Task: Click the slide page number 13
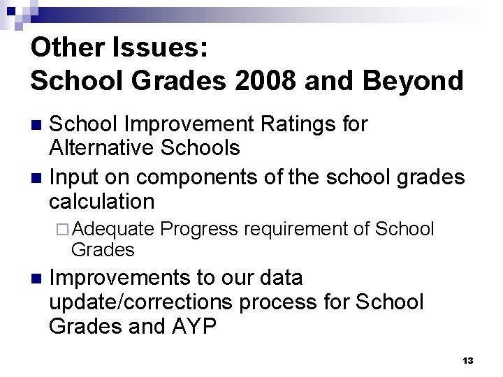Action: (x=467, y=360)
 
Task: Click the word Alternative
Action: (x=101, y=148)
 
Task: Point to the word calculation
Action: (x=102, y=202)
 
